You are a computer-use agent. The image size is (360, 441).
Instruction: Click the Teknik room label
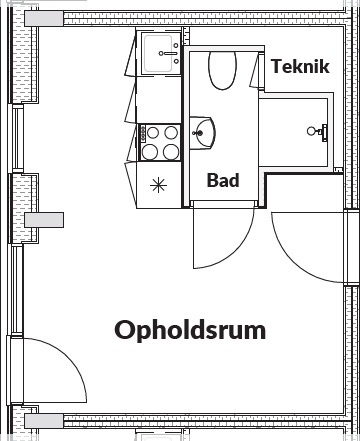pyautogui.click(x=300, y=66)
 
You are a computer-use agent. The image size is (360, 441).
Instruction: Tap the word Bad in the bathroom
pyautogui.click(x=223, y=180)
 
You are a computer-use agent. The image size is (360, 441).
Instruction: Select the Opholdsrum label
pyautogui.click(x=190, y=331)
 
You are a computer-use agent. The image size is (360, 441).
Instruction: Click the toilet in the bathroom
pyautogui.click(x=223, y=70)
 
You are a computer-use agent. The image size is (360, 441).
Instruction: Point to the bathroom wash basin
pyautogui.click(x=202, y=133)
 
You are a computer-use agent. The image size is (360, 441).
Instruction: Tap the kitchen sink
pyautogui.click(x=161, y=53)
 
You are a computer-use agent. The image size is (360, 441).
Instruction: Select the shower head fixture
pyautogui.click(x=317, y=131)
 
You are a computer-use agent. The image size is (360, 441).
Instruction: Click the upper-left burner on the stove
pyautogui.click(x=153, y=133)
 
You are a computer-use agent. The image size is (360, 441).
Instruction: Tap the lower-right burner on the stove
pyautogui.click(x=171, y=152)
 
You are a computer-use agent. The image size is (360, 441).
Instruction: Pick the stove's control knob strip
pyautogui.click(x=143, y=133)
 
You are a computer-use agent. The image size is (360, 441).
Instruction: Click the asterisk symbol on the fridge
pyautogui.click(x=158, y=185)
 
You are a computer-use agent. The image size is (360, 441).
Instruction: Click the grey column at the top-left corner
pyautogui.click(x=44, y=18)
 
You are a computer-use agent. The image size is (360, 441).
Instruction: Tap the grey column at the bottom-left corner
pyautogui.click(x=44, y=421)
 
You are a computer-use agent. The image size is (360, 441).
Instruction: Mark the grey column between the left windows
pyautogui.click(x=44, y=220)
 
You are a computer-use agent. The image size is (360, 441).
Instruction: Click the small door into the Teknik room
pyautogui.click(x=255, y=71)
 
